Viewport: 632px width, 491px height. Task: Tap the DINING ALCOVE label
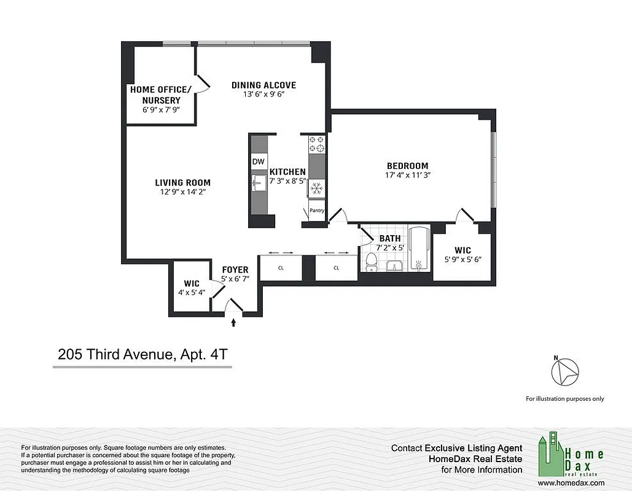263,85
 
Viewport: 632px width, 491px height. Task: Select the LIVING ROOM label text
182,182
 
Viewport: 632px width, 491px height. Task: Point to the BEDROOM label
407,166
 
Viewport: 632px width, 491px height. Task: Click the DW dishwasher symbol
258,161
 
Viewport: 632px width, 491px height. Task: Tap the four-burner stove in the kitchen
316,145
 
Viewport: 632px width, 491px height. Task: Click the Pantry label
317,211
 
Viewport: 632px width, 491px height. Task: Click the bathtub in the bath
418,252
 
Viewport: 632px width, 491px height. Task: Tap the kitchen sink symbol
258,182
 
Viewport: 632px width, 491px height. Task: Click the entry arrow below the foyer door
233,322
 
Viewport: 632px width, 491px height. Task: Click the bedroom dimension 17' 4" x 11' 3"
407,176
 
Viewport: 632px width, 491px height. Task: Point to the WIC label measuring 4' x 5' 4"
192,287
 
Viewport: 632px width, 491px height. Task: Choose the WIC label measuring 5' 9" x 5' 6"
462,254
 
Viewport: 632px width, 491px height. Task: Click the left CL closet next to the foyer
281,268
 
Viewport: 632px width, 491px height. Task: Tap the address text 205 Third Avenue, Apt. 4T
142,354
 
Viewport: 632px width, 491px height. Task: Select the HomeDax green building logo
551,456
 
